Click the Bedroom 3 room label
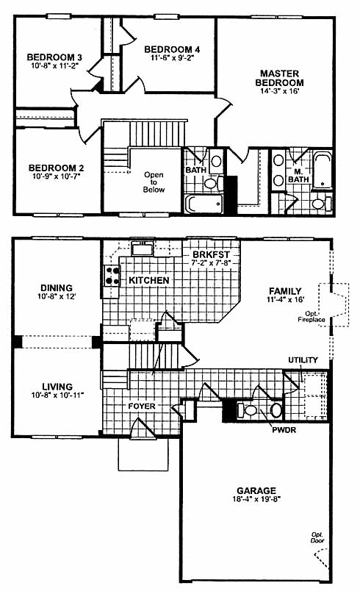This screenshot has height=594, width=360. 54,57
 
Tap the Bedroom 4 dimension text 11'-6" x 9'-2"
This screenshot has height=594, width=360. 172,58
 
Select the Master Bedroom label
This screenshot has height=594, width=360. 279,78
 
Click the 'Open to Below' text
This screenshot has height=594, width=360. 154,182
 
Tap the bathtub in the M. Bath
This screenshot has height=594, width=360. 323,170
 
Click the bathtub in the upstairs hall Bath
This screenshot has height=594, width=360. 204,204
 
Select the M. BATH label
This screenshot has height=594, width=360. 299,176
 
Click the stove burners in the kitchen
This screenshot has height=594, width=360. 112,276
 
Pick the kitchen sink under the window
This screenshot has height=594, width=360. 143,249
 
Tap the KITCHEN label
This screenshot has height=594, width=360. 148,280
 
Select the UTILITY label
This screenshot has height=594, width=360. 303,360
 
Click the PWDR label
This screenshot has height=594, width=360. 284,430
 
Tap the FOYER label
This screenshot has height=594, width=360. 142,407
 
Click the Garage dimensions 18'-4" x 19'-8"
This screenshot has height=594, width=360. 256,499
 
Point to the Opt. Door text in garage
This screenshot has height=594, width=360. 317,537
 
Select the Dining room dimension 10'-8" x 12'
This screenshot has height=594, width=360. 57,296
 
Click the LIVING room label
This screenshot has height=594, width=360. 57,387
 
